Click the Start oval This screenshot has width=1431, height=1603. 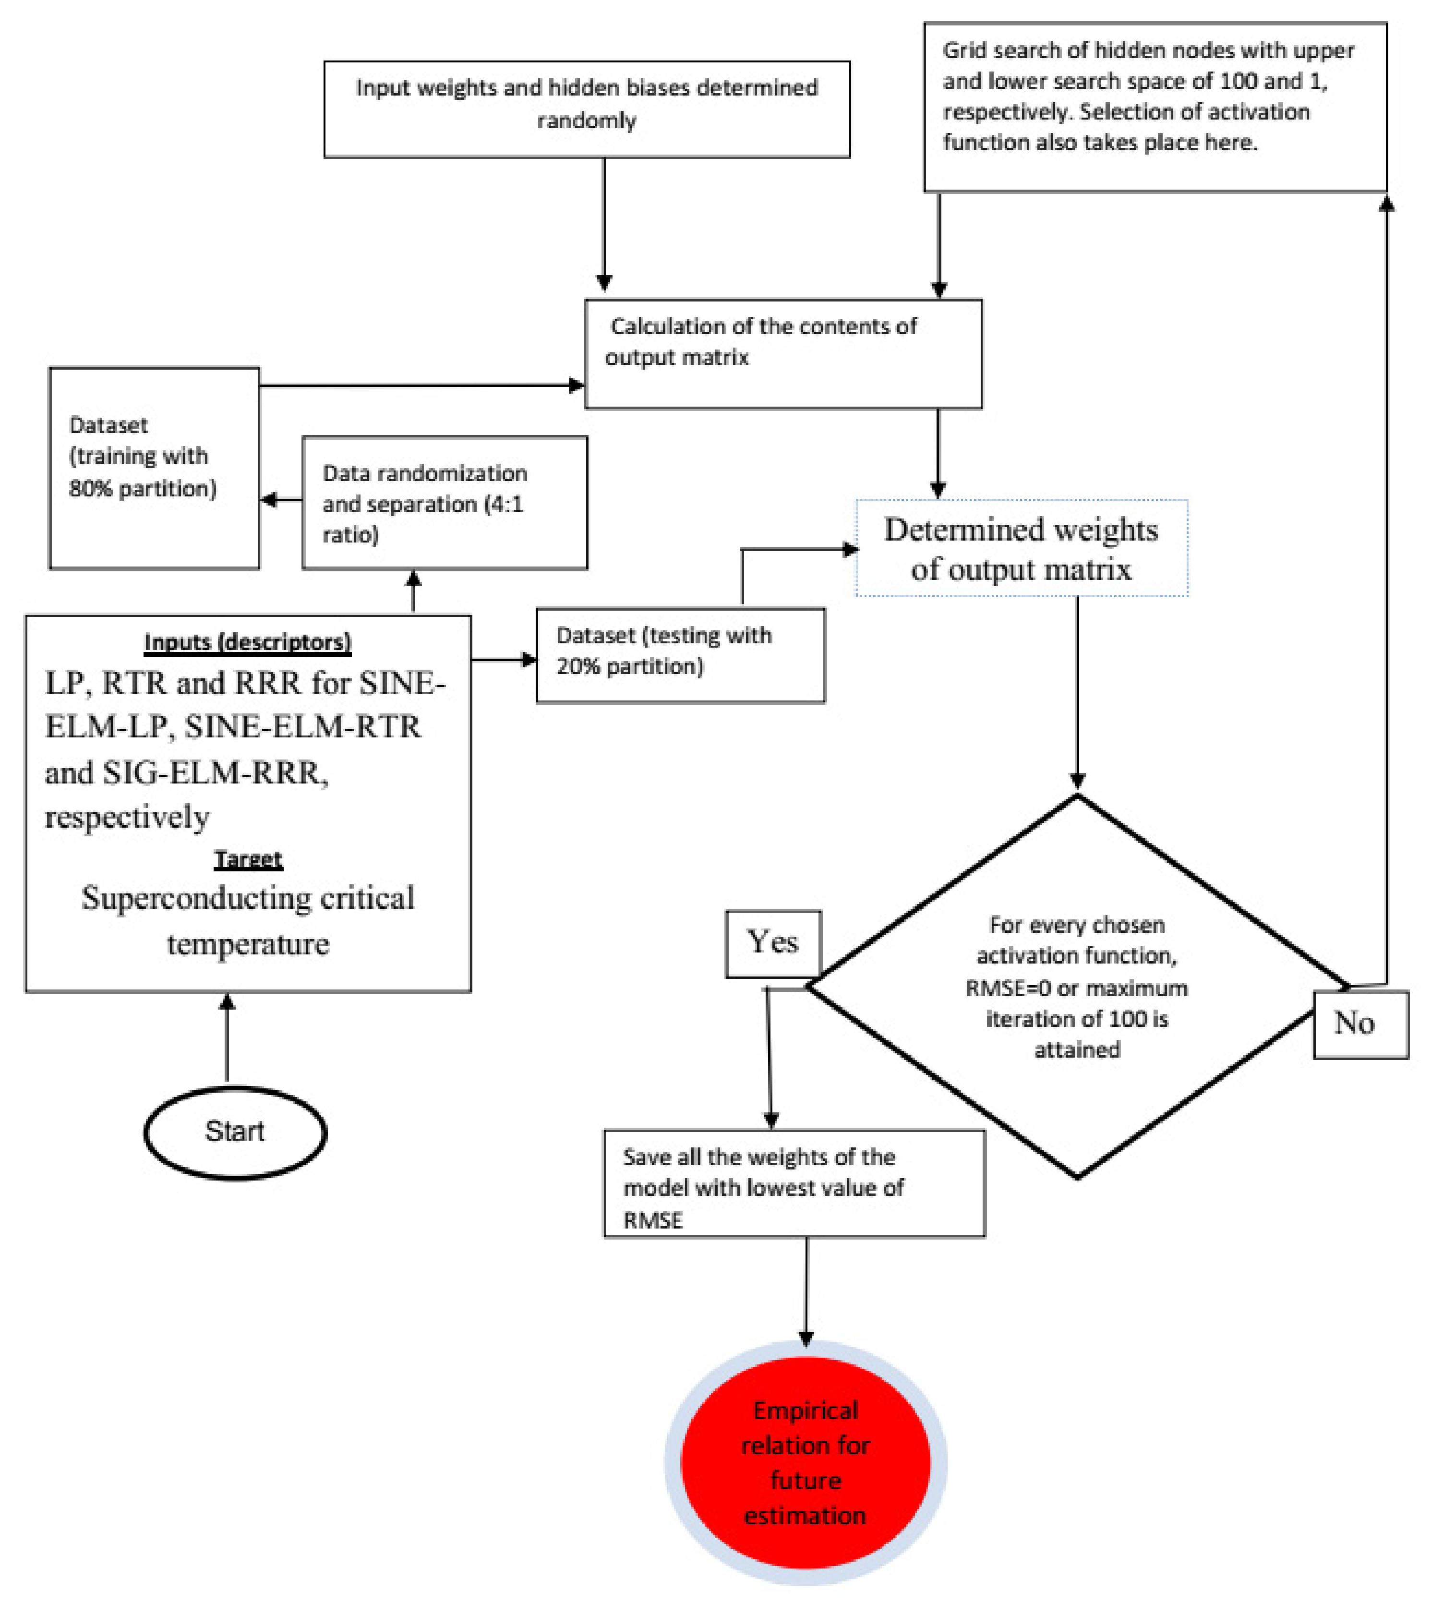tap(235, 1132)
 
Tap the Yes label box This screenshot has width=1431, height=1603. tap(773, 943)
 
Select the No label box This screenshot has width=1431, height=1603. tap(1360, 1024)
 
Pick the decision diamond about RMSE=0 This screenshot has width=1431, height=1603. tap(1077, 987)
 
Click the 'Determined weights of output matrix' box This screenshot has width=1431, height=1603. tap(1022, 548)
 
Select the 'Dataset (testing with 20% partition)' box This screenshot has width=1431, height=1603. tap(680, 655)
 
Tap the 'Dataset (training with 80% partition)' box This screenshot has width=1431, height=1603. tap(154, 468)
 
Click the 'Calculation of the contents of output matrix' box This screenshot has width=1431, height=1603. tap(783, 354)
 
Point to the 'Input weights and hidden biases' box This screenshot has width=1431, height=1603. tap(587, 109)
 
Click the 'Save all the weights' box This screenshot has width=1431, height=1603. tap(794, 1183)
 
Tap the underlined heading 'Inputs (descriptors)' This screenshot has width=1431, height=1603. tap(248, 642)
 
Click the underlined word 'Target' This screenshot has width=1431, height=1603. tap(248, 859)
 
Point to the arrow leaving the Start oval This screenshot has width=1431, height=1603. tap(227, 1038)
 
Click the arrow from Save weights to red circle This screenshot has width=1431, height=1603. tap(806, 1290)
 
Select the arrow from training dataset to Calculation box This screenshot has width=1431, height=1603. tap(421, 385)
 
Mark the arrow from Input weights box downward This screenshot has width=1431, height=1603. tap(604, 224)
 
